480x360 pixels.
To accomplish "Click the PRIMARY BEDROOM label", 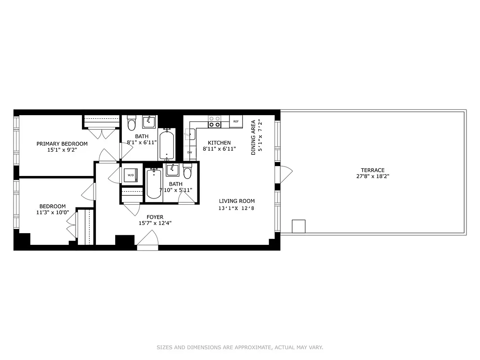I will click(x=62, y=144).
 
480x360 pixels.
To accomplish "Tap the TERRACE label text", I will click(x=372, y=170).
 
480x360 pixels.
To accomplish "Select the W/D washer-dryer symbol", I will click(x=130, y=175).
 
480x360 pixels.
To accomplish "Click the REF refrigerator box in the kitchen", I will click(x=236, y=121).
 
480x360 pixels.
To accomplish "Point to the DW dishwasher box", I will click(x=189, y=153).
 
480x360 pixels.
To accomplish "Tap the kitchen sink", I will click(x=189, y=134).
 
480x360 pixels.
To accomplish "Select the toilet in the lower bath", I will click(x=188, y=172).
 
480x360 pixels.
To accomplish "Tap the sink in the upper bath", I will click(x=149, y=121).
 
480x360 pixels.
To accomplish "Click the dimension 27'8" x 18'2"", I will click(x=372, y=176).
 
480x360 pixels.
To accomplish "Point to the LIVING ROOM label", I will click(x=237, y=201).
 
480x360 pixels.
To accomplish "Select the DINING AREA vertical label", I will click(x=253, y=137).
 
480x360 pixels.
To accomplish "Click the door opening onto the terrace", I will click(x=284, y=174).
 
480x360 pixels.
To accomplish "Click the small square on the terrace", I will click(x=299, y=226).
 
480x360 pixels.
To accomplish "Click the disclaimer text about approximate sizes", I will click(x=240, y=347).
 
